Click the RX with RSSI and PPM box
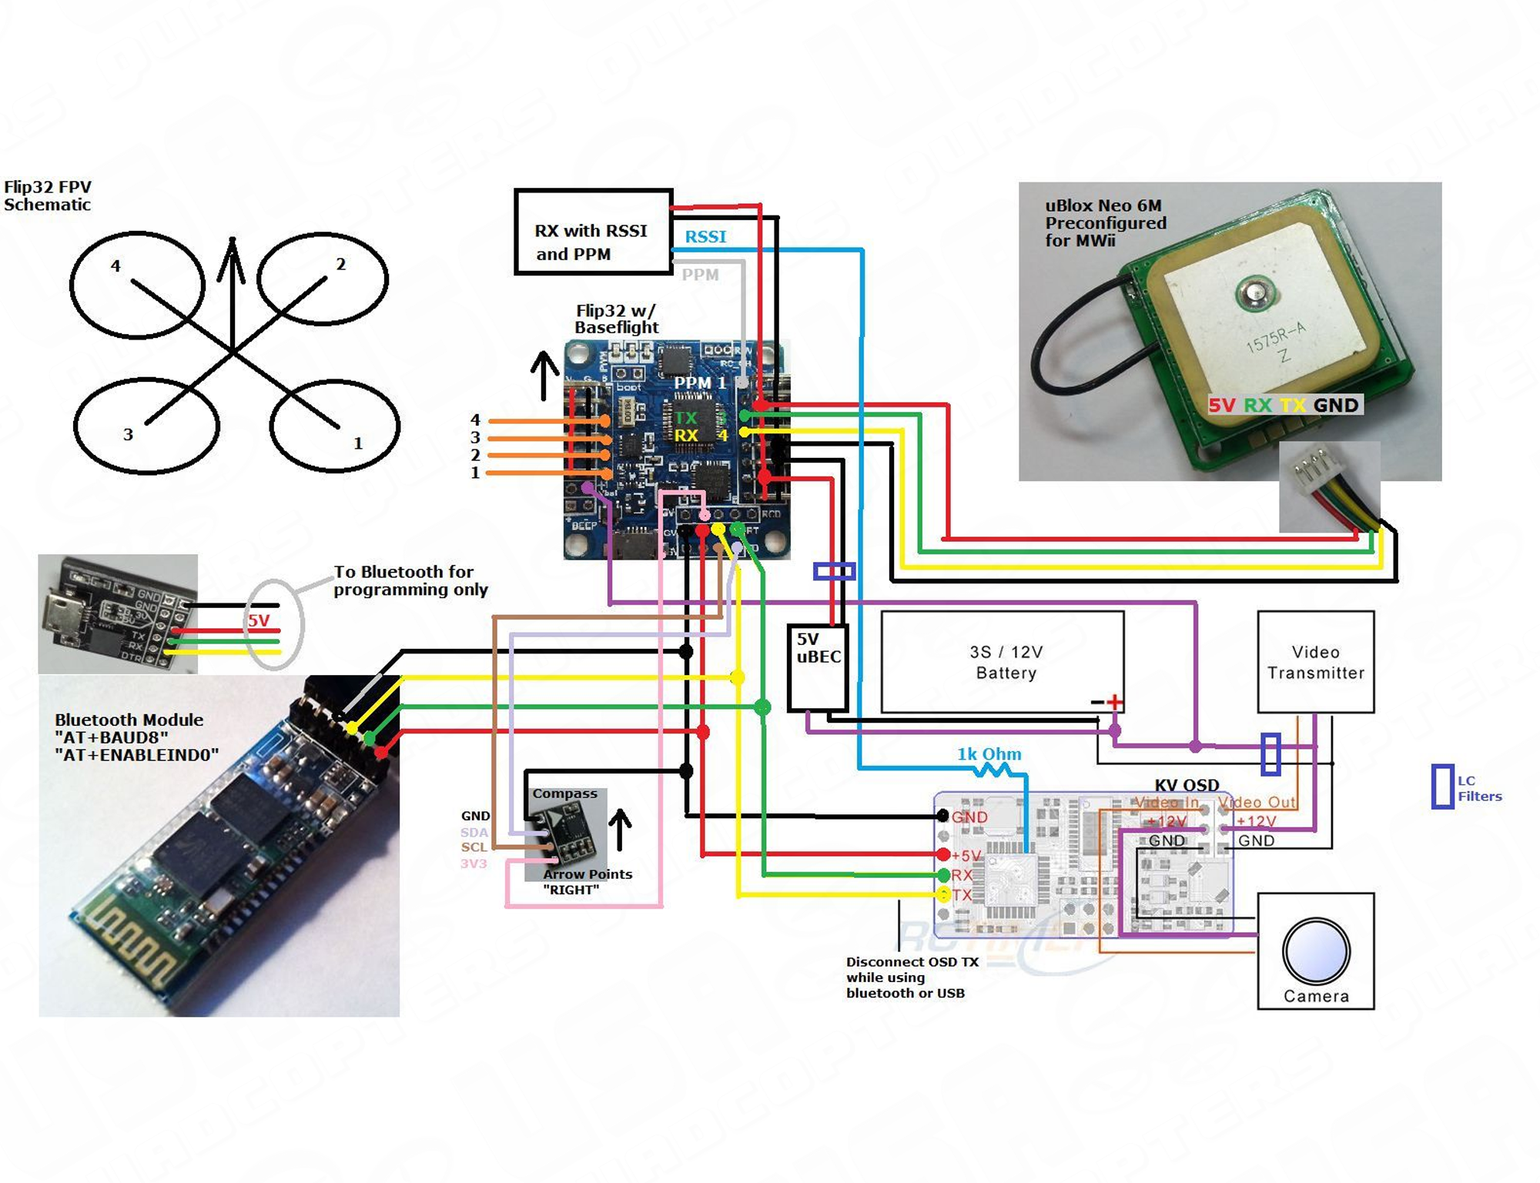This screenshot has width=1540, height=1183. pos(593,232)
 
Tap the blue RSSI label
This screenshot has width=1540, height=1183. pos(705,236)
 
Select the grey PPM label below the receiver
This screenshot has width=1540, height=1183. pos(700,275)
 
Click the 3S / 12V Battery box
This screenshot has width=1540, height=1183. pos(1002,662)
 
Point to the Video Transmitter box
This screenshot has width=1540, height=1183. pos(1315,662)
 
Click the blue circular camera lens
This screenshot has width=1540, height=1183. pos(1316,951)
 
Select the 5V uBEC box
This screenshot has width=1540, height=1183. pos(818,667)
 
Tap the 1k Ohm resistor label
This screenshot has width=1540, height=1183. pos(989,754)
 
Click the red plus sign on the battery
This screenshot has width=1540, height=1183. pos(1114,702)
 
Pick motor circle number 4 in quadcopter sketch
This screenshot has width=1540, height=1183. pos(137,285)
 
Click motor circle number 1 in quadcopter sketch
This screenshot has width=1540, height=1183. pos(335,426)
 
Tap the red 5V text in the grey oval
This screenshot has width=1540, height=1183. pos(259,621)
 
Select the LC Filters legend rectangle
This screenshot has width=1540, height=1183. pos(1442,787)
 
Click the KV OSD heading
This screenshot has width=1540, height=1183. pos(1187,785)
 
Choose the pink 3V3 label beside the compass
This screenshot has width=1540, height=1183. pos(474,864)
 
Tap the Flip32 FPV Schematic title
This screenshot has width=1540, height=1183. pos(47,195)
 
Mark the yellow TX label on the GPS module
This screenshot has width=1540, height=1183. pos(1292,405)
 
